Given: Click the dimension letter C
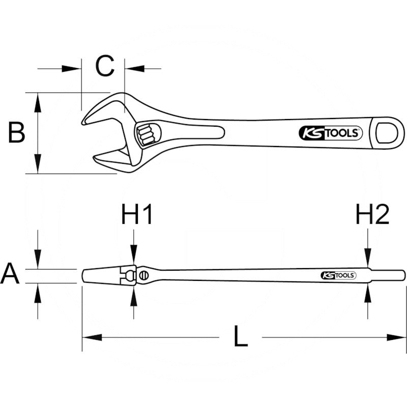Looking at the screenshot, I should click(105, 66).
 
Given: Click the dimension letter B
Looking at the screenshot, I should click(16, 133).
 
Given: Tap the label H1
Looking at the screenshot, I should click(137, 215).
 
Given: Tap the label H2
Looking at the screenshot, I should click(372, 215).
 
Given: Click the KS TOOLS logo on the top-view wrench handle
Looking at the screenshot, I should click(330, 133).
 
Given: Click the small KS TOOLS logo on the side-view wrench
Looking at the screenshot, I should click(338, 275).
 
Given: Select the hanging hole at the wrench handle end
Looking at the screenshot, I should click(389, 134).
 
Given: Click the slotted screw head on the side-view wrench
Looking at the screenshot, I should click(144, 276).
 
